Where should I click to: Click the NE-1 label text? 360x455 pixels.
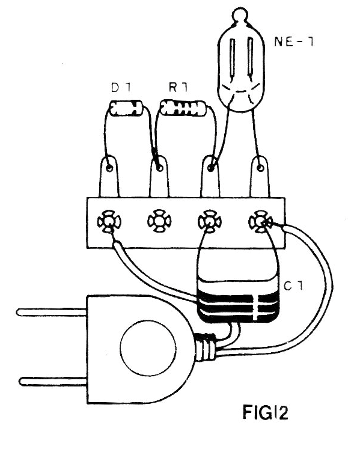(x=293, y=42)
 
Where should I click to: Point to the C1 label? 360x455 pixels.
(x=293, y=287)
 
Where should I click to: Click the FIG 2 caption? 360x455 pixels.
(x=265, y=412)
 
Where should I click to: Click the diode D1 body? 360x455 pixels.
(x=126, y=109)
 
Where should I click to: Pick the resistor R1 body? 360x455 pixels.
(x=183, y=108)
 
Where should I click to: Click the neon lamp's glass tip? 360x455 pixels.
(x=240, y=14)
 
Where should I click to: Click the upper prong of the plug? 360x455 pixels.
(x=52, y=312)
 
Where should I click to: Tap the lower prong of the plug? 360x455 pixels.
(x=53, y=380)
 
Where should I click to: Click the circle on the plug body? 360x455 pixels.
(x=148, y=347)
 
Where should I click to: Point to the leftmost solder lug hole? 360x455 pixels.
(x=109, y=168)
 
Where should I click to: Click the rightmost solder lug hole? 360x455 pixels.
(x=260, y=168)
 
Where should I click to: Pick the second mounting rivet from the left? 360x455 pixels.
(x=159, y=222)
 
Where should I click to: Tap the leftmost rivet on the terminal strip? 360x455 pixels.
(x=109, y=222)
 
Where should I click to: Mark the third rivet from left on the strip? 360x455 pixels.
(x=209, y=222)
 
